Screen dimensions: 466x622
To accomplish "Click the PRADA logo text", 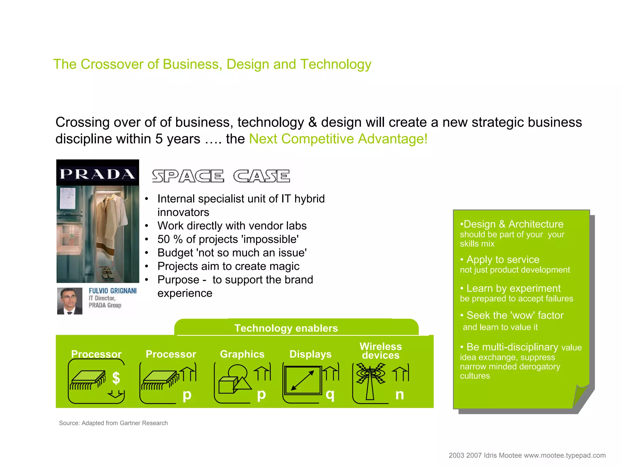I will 97,174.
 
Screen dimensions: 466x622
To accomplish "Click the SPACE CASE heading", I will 221,176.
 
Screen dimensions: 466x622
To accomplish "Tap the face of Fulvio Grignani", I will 69,299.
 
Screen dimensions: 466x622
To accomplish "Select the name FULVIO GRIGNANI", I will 113,291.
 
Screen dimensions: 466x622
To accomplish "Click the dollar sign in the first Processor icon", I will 116,378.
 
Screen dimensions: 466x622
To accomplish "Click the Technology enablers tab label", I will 286,328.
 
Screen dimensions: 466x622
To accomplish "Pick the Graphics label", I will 242,354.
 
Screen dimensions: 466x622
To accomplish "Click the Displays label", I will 310,354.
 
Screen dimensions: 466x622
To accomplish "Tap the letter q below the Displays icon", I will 330,394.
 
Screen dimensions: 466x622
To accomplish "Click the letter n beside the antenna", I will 399,394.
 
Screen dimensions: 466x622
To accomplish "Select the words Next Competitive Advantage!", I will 338,139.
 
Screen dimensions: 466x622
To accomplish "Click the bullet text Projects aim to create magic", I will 228,266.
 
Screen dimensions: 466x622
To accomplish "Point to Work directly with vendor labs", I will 232,226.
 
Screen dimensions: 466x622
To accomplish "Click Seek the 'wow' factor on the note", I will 515,316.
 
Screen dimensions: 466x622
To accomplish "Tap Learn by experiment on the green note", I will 513,288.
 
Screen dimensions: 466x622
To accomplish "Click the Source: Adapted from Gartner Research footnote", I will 113,423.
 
